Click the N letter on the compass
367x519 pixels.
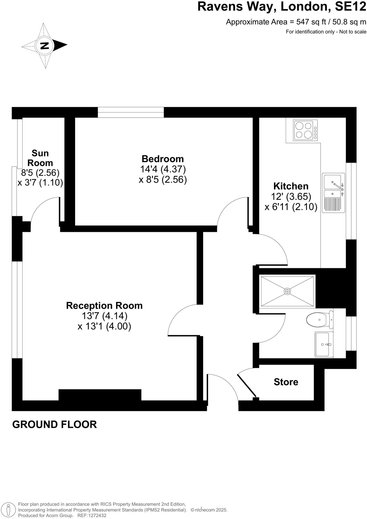pos(45,46)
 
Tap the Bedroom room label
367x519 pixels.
pos(163,159)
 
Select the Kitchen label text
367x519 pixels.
pos(291,186)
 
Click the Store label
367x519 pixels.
pos(286,382)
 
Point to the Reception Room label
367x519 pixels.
pos(104,306)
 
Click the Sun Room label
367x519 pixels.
pos(40,158)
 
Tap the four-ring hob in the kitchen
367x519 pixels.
pos(305,130)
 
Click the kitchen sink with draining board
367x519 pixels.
pos(333,193)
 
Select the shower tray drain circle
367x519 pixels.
pos(287,291)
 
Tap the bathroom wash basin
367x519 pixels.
pos(324,344)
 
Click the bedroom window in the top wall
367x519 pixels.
pos(131,112)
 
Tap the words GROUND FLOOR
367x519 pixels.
pos(54,424)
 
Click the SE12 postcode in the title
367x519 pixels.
pos(350,7)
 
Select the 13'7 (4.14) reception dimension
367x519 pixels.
pos(104,316)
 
